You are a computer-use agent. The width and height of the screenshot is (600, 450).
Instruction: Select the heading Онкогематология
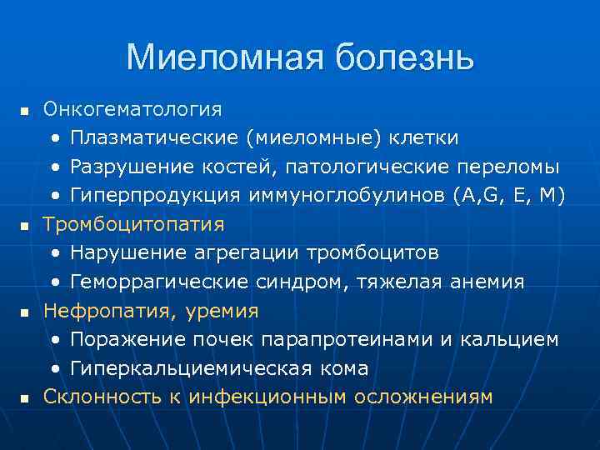pos(133,109)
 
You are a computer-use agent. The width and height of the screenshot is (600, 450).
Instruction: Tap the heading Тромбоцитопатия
pos(134,224)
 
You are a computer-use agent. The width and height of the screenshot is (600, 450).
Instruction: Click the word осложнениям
pos(423,397)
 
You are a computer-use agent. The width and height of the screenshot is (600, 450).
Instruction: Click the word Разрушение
pos(124,167)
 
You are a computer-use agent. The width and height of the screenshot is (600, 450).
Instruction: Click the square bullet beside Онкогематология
pos(24,111)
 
